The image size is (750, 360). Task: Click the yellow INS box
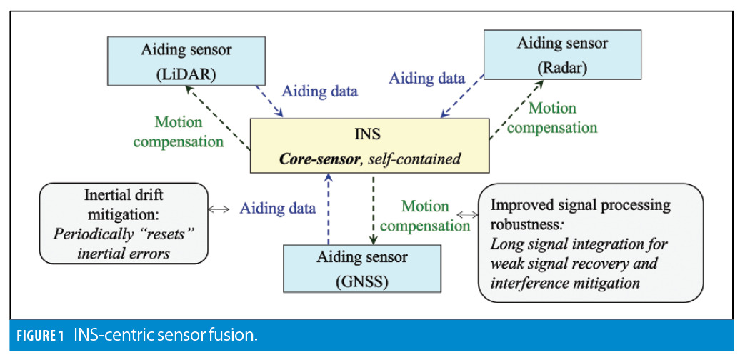pos(369,146)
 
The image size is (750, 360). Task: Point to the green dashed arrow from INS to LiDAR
pos(216,116)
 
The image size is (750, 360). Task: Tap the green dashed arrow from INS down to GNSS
pos(374,208)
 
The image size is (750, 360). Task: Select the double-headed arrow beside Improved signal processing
pos(466,214)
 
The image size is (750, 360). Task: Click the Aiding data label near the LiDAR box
pos(320,91)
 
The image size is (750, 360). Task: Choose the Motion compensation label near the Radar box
pos(552,119)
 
